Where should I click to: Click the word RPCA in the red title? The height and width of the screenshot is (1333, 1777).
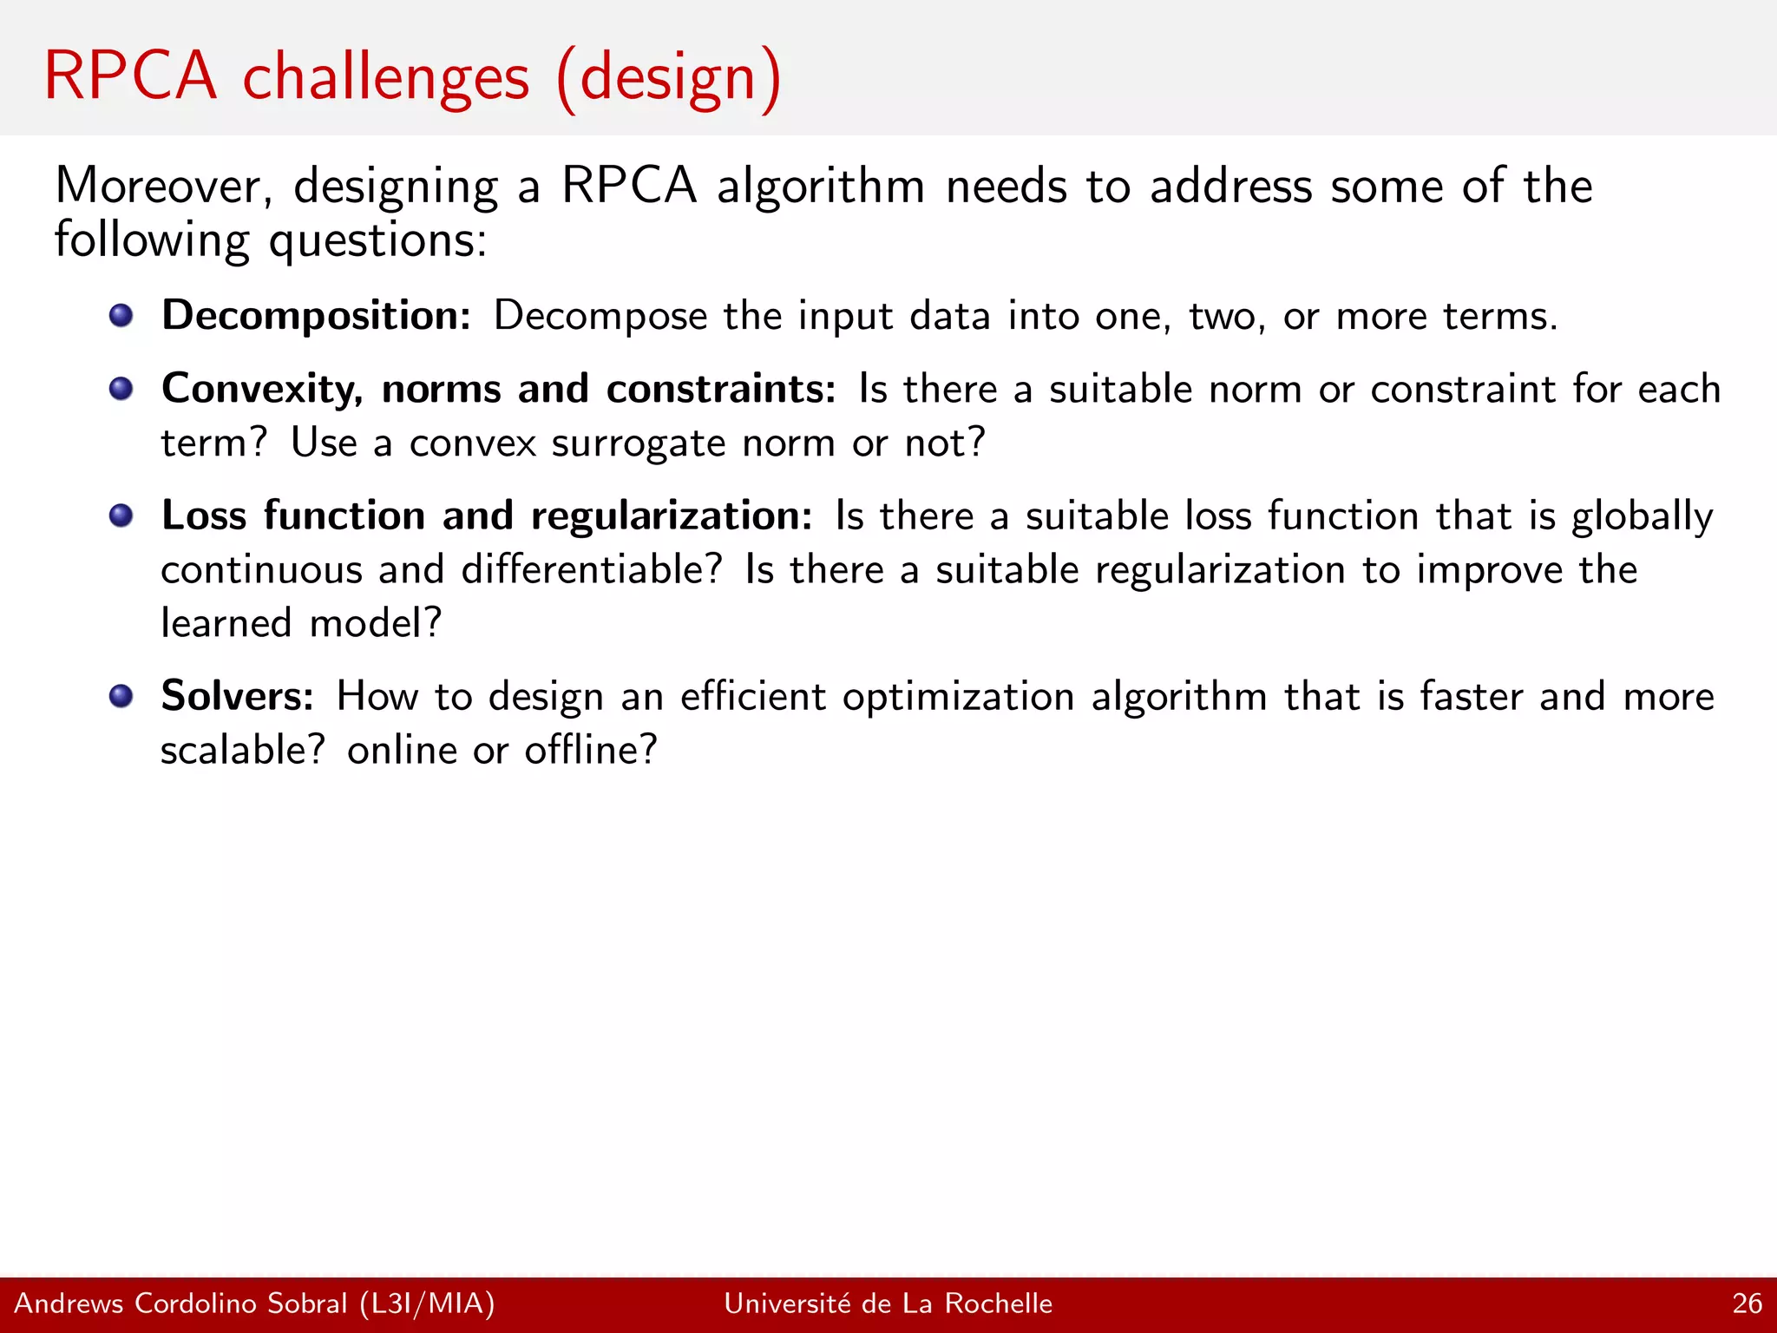coord(130,76)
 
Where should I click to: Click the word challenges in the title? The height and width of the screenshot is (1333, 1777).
coord(385,78)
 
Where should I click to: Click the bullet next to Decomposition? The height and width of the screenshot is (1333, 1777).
coord(121,315)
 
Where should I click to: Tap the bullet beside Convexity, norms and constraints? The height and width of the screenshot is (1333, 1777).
coord(121,388)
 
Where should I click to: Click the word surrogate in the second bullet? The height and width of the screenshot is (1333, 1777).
coord(639,444)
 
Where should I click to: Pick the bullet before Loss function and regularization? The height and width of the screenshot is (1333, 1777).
coord(121,515)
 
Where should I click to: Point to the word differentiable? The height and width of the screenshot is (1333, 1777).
coord(591,571)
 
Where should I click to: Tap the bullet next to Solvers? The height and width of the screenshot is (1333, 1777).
coord(121,696)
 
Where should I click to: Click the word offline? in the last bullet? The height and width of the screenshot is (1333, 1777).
coord(591,751)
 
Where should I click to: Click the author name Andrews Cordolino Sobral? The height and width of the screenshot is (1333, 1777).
coord(180,1303)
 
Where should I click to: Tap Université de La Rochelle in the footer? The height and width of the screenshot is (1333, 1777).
coord(888,1303)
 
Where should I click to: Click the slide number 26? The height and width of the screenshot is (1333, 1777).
coord(1747,1303)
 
